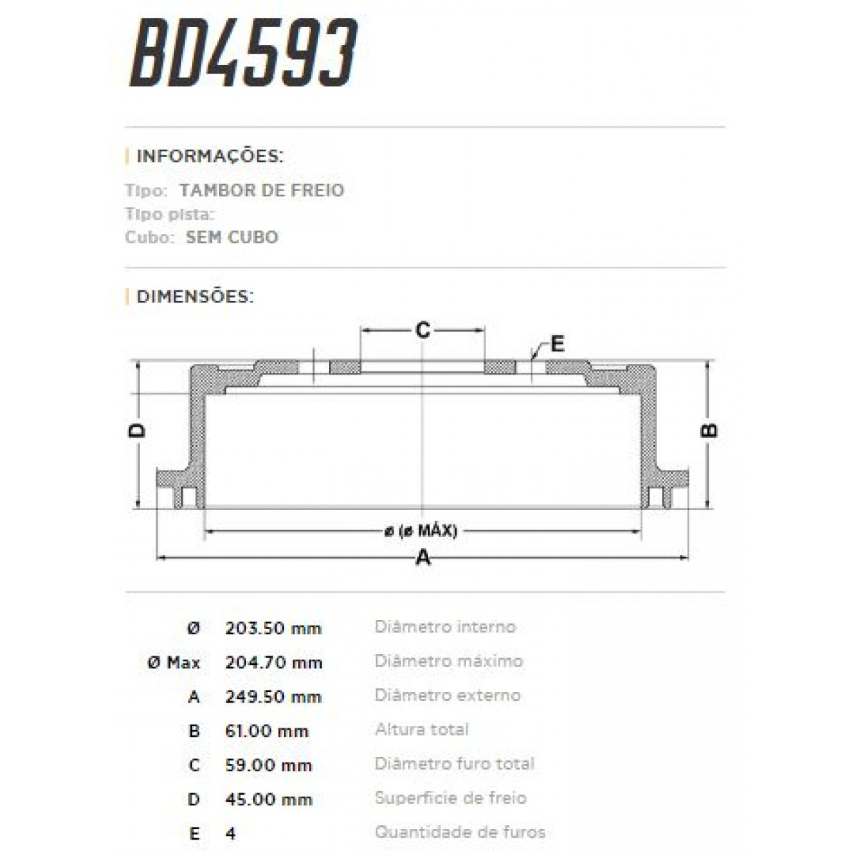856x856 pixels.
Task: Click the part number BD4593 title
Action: click(243, 55)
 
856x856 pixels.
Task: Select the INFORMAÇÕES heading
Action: click(210, 156)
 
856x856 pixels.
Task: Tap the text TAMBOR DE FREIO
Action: click(262, 190)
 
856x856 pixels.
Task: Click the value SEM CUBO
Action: click(232, 238)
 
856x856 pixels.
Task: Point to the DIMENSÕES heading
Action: click(195, 296)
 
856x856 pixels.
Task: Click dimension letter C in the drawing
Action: click(423, 330)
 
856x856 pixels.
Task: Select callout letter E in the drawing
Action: click(557, 344)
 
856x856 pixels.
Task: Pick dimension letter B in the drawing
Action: click(709, 430)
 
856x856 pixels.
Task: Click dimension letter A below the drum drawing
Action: click(423, 557)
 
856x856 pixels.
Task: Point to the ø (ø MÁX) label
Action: click(421, 531)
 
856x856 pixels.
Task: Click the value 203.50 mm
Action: click(273, 628)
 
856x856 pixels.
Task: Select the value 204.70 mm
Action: click(273, 663)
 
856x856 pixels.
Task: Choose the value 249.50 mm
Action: click(273, 697)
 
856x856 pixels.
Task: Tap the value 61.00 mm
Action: click(267, 731)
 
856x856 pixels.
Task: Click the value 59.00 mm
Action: click(268, 765)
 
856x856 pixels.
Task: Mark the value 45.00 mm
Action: click(268, 800)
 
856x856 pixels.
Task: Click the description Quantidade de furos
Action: click(460, 832)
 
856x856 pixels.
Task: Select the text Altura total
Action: click(422, 730)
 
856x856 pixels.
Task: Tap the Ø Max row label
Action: click(173, 663)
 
